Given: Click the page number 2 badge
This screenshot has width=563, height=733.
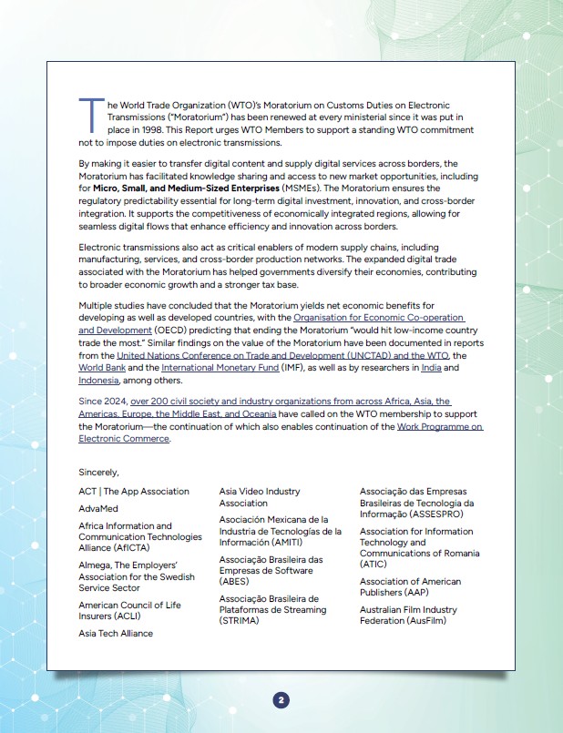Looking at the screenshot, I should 281,699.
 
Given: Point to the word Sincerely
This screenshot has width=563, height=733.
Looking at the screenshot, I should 99,473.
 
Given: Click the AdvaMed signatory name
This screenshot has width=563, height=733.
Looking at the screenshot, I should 98,509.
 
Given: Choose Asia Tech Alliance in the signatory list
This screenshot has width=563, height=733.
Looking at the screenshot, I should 116,633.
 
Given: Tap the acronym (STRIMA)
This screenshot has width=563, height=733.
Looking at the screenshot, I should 240,621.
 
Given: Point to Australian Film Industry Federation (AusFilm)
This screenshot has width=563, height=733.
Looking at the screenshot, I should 408,615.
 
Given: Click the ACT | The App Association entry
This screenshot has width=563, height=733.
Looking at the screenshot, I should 134,492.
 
